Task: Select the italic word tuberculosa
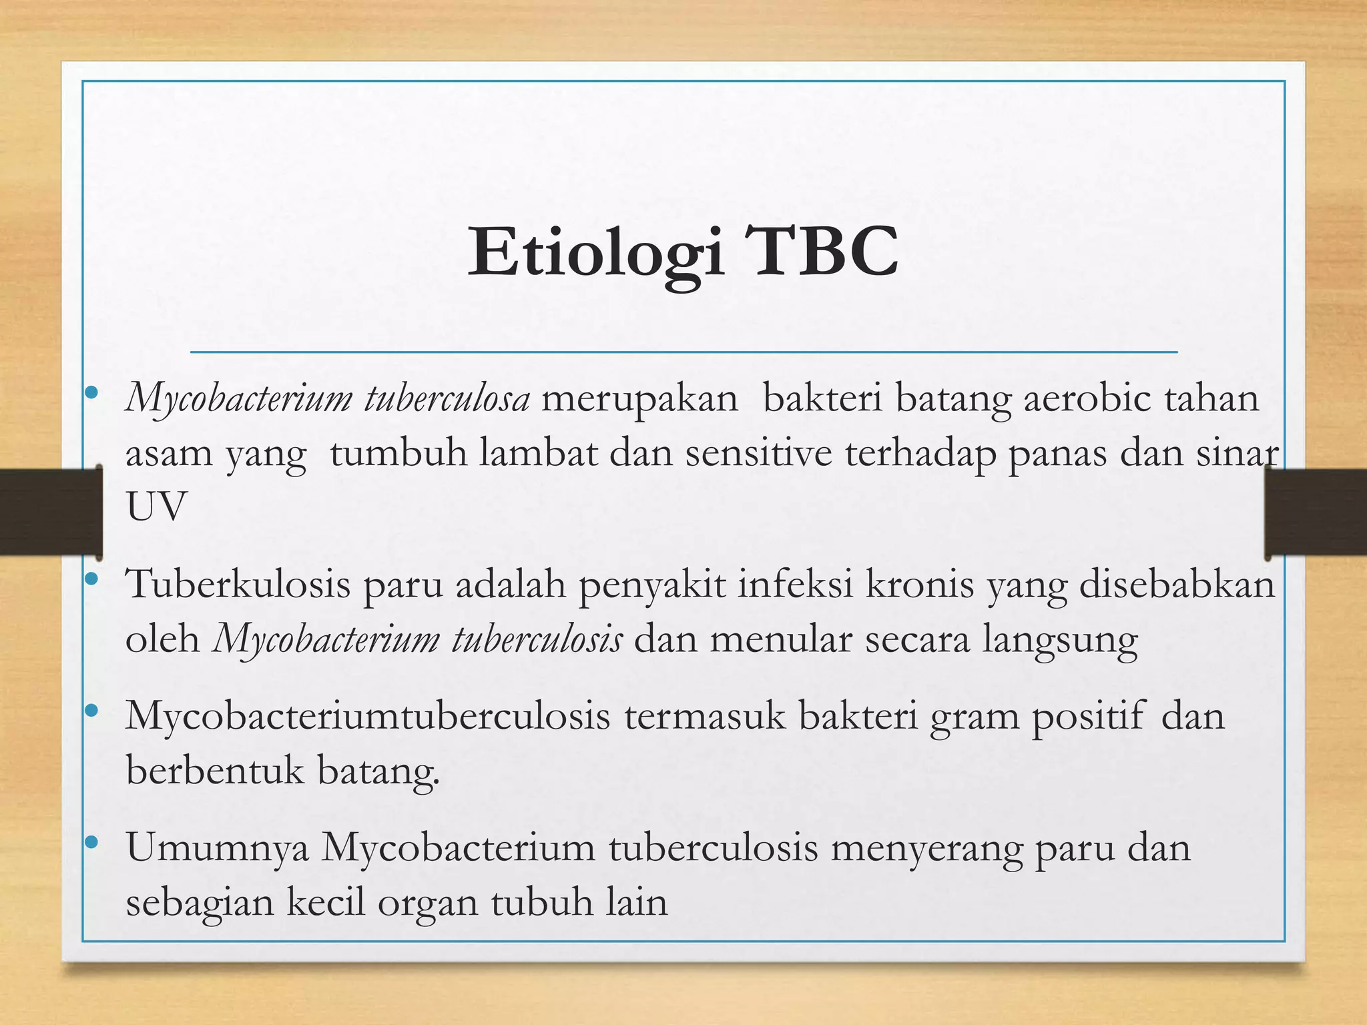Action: (x=447, y=398)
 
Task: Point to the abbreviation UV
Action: (x=156, y=507)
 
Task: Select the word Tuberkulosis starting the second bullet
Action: (x=238, y=585)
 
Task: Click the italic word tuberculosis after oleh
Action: (x=537, y=639)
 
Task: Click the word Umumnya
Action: (x=218, y=849)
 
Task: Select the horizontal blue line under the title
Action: (x=683, y=351)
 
